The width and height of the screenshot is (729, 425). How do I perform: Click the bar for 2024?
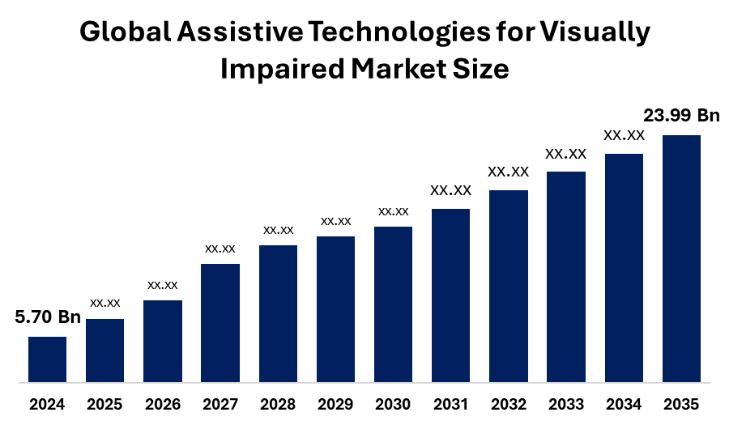47,359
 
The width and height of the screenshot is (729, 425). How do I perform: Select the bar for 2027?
220,322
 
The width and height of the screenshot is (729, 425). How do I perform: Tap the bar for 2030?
393,304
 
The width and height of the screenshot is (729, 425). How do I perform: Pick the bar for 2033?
566,276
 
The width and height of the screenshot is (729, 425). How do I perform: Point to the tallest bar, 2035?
681,257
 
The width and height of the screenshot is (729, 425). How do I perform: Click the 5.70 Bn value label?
48,317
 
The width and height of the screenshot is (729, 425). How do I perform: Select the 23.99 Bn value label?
680,116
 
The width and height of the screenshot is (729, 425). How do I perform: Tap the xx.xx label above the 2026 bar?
162,285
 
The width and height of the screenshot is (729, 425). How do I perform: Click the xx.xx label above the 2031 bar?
450,191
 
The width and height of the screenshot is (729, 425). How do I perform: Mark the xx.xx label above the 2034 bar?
624,135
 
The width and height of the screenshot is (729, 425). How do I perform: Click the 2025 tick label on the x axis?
104,404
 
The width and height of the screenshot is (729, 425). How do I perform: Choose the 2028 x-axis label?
278,404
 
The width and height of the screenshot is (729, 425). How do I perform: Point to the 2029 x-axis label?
335,404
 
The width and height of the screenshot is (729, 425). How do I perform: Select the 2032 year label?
508,404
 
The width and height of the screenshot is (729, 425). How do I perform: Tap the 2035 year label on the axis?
681,404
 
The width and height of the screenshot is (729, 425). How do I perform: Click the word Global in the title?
126,32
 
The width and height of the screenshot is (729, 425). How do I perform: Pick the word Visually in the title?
595,34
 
